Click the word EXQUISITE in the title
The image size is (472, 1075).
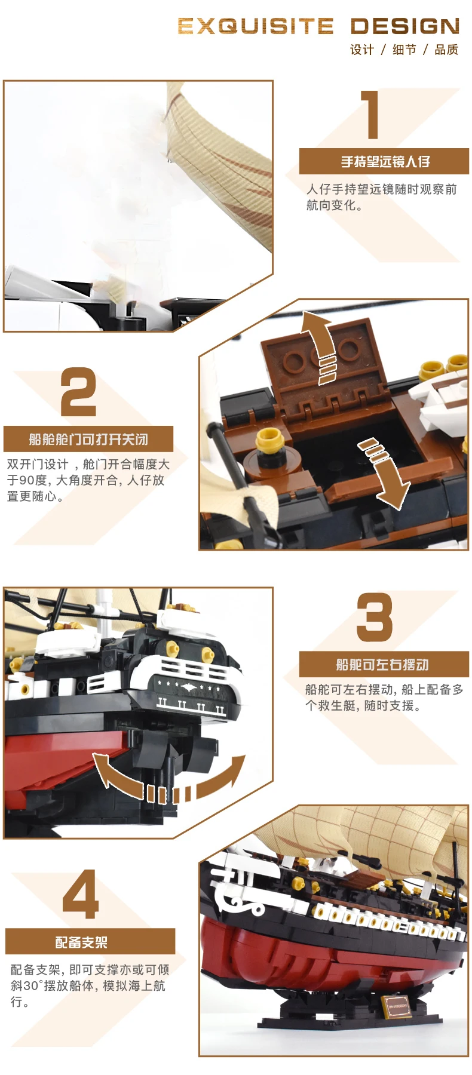tap(255, 26)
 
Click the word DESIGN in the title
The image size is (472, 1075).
tap(405, 26)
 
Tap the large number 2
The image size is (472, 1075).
tap(78, 392)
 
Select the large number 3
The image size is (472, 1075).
tap(375, 617)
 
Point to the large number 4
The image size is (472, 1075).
tap(81, 894)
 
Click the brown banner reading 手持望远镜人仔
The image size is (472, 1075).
tap(384, 161)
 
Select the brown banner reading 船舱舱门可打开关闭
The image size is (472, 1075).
tap(88, 439)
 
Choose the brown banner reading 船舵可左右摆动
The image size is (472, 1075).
tap(384, 664)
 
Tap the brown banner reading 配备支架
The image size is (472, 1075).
tap(90, 942)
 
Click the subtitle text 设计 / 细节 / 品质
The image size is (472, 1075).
tap(404, 50)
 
